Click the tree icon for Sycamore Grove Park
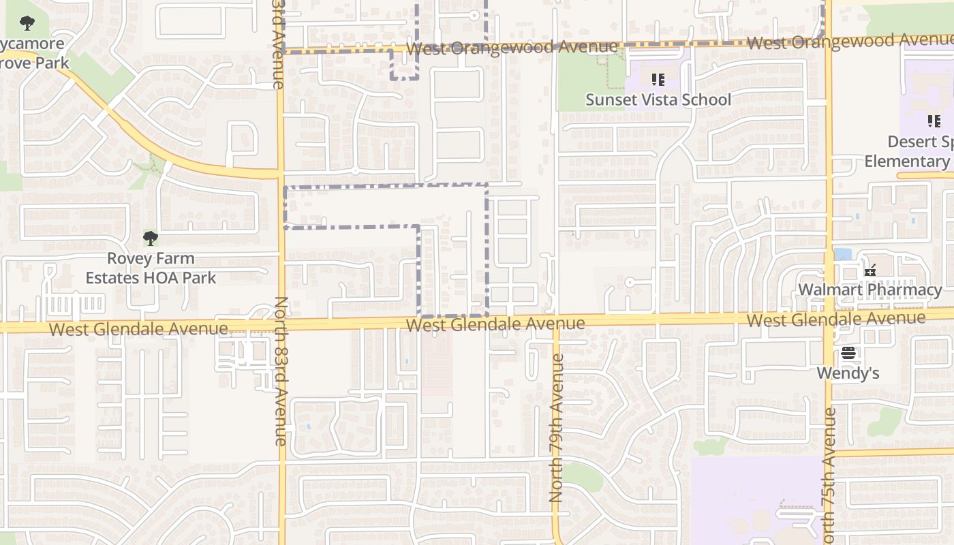pos(27,24)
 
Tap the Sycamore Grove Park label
pos(34,54)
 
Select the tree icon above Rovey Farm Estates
pos(151,238)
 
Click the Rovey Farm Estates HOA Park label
pos(151,268)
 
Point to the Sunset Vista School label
pos(658,100)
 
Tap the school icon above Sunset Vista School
pos(658,80)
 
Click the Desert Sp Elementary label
pos(910,152)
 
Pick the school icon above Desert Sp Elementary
pos(934,121)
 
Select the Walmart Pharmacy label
pos(870,290)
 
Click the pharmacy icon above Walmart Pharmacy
pos(870,270)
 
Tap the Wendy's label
pos(848,373)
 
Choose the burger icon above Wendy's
pos(848,353)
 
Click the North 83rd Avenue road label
pos(281,371)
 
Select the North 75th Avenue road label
pos(829,477)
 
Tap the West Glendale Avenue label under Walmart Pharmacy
pos(836,320)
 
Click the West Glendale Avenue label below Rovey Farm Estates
pos(138,329)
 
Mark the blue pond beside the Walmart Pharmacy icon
pos(843,254)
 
